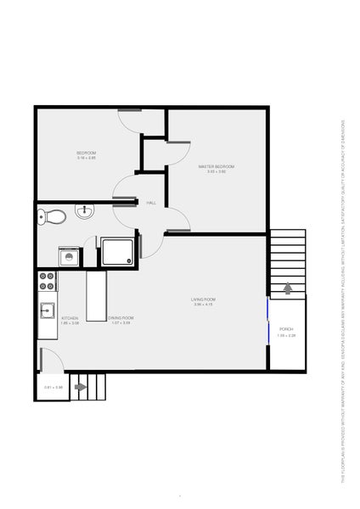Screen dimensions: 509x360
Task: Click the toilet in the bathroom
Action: point(51,216)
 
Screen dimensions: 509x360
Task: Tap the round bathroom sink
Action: point(85,211)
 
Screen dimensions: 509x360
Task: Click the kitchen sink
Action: point(46,310)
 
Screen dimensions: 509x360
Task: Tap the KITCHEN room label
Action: point(70,318)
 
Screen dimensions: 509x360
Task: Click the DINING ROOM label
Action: point(120,318)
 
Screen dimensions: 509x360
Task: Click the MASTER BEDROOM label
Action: point(217,166)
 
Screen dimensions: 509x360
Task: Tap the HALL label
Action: point(151,203)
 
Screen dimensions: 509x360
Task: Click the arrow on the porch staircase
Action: point(287,288)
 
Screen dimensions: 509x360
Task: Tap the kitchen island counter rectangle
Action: point(94,295)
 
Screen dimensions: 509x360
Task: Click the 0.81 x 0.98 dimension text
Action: point(53,388)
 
